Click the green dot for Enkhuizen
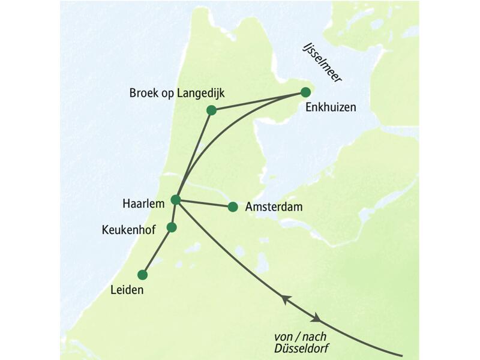pos(305,92)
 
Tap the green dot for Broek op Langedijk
pos(211,110)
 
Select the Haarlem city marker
pos(176,199)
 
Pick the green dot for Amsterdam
pos(233,207)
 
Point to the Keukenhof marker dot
pos(172,227)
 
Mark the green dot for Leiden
pos(142,275)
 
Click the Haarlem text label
pos(144,205)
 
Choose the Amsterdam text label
pos(274,207)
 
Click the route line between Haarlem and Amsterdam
pos(204,203)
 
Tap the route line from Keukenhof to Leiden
pos(157,251)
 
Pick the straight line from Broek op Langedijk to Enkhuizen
pos(258,101)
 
